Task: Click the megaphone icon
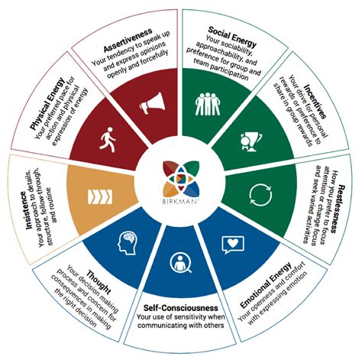point(152,103)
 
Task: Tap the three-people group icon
point(208,104)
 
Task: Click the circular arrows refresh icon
point(260,195)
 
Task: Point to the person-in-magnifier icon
point(181,263)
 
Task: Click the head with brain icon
point(128,242)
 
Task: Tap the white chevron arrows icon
point(100,197)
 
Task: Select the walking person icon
point(108,140)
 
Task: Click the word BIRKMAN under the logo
point(180,202)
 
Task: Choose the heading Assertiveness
point(128,41)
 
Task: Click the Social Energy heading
point(232,37)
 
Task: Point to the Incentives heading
point(315,102)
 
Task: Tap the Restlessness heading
point(338,209)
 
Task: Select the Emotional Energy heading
point(266,285)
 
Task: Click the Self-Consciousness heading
point(181,308)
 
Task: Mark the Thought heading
point(99,283)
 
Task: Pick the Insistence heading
point(30,210)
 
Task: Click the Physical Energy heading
point(47,104)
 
